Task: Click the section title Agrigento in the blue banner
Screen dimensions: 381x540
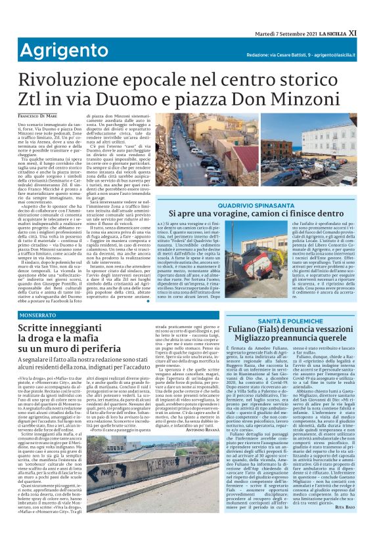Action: [60, 49]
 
